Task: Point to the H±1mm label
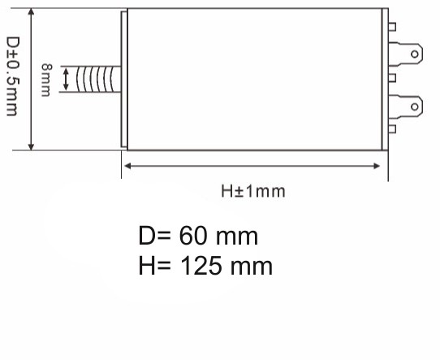253,191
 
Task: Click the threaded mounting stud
97,80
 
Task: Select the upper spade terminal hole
415,55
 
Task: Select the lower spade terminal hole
415,106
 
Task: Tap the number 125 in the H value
206,266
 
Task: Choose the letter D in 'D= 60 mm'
147,237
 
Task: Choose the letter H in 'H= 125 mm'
147,266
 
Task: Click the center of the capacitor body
255,80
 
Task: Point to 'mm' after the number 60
240,237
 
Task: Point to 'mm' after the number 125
253,266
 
